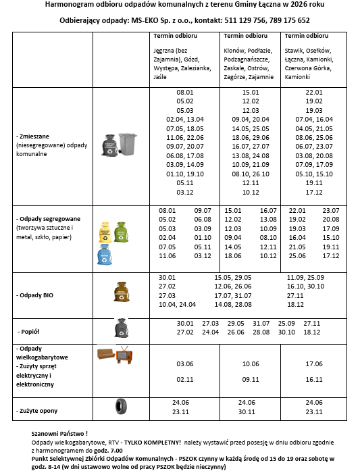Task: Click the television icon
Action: tap(124, 355)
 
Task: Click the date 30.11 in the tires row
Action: tap(251, 411)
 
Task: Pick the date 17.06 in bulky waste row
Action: tap(314, 364)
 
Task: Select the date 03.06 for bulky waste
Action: tap(185, 364)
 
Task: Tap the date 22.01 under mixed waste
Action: tap(314, 92)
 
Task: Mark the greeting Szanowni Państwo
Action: tap(59, 432)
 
